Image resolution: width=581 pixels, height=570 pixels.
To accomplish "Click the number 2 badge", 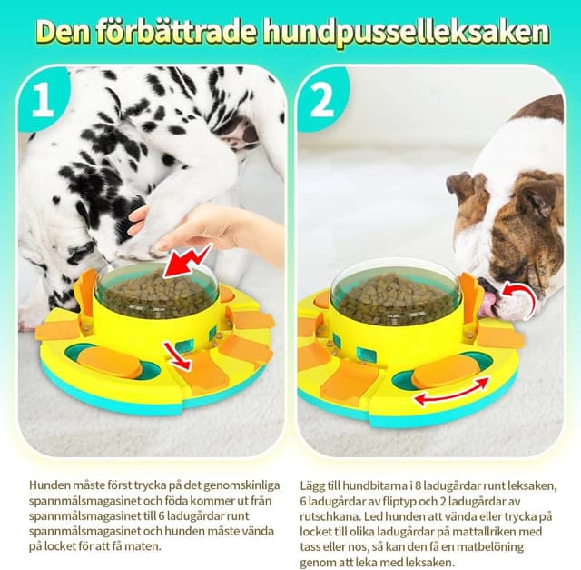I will coord(321,100).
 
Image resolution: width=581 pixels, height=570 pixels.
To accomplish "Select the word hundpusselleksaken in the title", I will coord(405,32).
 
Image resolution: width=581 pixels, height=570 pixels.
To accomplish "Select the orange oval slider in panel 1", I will coord(110,363).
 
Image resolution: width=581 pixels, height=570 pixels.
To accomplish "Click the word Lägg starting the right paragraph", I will coord(314,485).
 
